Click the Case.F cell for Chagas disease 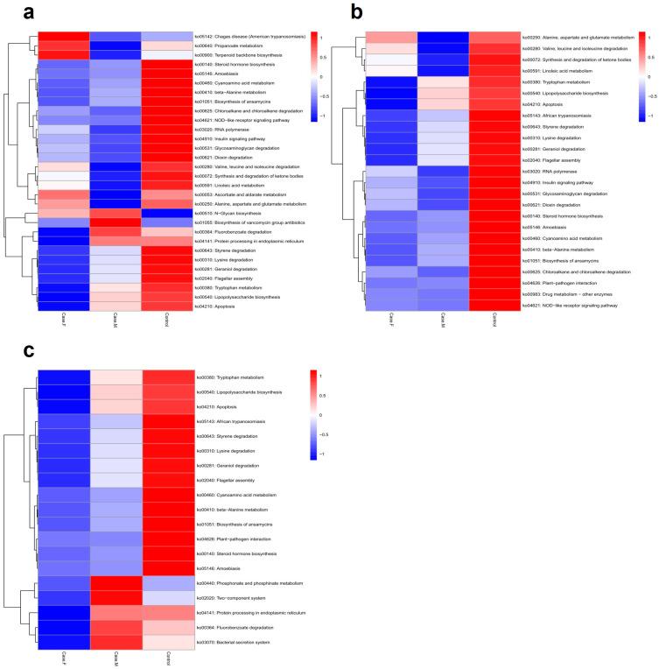click(x=63, y=37)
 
